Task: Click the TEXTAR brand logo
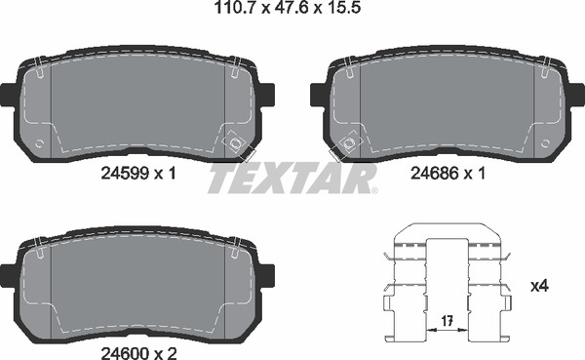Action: coord(292,180)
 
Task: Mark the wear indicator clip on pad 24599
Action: coord(235,143)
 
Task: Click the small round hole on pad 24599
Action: coord(39,144)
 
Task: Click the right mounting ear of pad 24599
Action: coord(267,96)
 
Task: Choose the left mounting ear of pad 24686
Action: coord(316,96)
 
